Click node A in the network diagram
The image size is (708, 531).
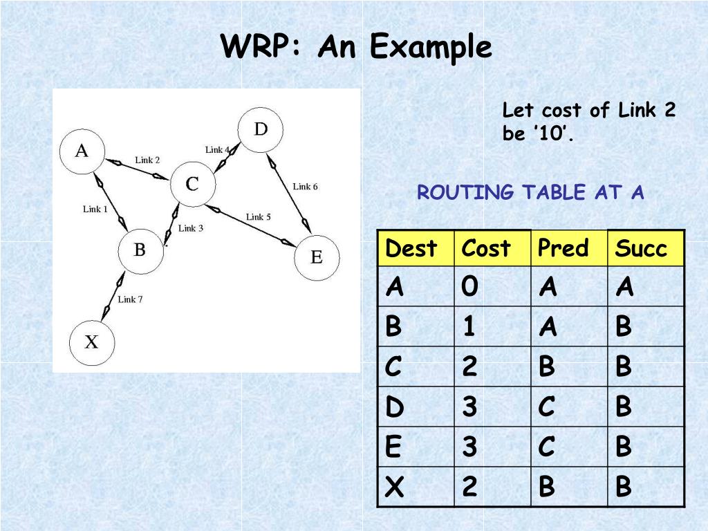(x=82, y=151)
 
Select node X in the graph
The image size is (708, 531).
(x=91, y=342)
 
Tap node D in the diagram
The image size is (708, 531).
(x=261, y=129)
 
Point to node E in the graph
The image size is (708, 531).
(x=317, y=257)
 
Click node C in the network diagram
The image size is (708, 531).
(x=192, y=184)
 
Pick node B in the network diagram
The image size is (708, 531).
(x=139, y=250)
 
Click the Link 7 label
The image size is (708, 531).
(x=130, y=299)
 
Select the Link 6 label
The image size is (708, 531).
(x=305, y=186)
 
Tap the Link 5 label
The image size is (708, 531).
(x=259, y=217)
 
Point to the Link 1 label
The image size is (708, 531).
(x=95, y=209)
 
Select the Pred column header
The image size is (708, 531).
(x=563, y=248)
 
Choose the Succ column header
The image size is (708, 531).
(x=641, y=248)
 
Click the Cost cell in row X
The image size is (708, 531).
(x=469, y=487)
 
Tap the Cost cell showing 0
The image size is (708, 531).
(x=469, y=286)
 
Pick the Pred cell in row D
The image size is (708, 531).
(x=546, y=407)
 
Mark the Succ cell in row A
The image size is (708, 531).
(x=624, y=286)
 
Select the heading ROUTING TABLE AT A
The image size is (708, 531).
(x=530, y=193)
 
